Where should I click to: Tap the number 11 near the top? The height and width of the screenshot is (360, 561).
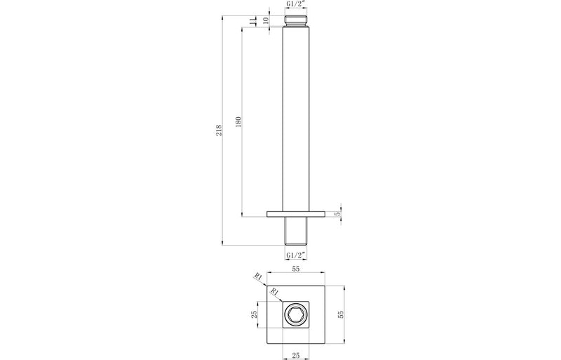254,20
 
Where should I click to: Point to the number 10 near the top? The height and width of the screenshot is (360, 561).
265,20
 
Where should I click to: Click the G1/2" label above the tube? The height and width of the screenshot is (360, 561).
295,6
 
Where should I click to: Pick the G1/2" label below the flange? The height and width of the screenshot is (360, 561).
295,254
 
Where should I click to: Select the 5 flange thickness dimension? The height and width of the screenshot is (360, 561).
337,213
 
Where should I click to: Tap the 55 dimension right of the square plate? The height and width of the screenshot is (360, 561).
342,315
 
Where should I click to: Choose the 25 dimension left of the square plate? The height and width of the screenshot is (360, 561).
256,315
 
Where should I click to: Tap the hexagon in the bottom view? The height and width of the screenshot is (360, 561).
295,315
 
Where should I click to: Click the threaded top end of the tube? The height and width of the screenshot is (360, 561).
295,20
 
